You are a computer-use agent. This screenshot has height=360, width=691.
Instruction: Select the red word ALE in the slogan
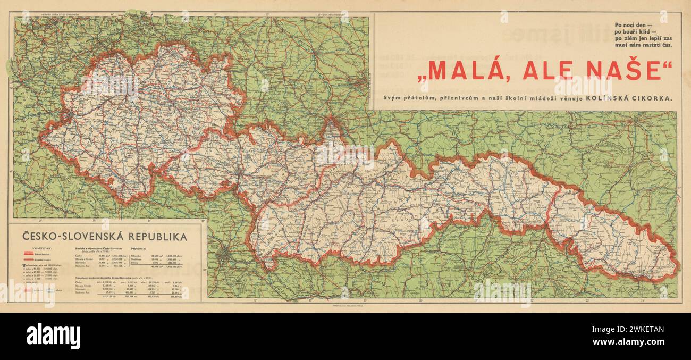coord(547,71)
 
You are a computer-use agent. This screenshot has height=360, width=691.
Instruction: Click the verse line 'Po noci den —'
coord(636,25)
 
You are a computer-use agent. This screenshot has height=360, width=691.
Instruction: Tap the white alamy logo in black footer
coord(53,336)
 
